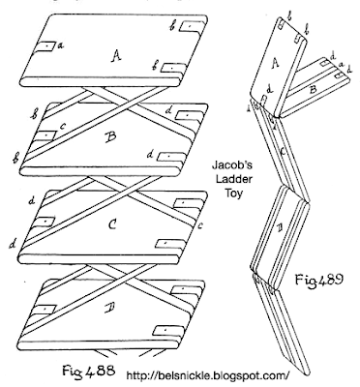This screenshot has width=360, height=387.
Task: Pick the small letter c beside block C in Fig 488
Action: coord(200,226)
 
